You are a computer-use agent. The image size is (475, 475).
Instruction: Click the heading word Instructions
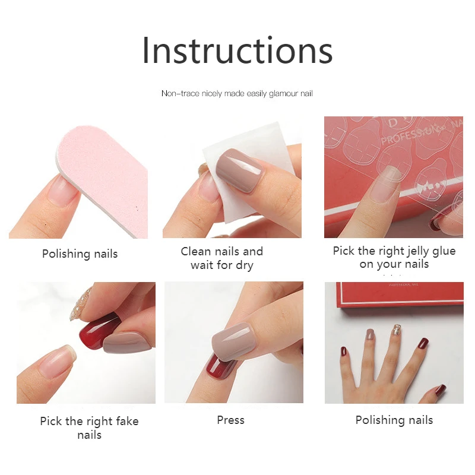237,51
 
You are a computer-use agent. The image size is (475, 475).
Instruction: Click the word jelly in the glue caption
407,251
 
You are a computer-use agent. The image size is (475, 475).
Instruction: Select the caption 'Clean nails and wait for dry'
221,258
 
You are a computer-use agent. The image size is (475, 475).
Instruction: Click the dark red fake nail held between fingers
98,331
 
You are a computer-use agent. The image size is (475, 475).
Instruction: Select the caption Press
230,420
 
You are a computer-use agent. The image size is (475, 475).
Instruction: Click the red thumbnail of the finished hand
440,389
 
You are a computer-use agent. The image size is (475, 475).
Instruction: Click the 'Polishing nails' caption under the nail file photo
80,254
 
